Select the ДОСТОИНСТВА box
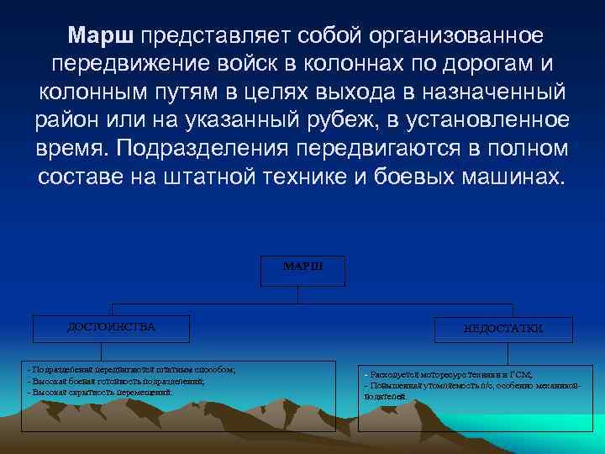point(112,328)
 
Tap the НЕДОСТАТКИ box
point(503,329)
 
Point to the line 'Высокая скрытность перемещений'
point(100,392)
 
